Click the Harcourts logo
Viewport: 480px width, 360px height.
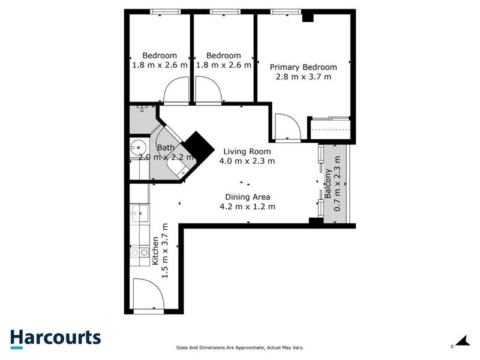[x=55, y=337]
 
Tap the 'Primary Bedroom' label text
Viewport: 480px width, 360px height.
[x=303, y=67]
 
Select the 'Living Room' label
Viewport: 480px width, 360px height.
[x=247, y=151]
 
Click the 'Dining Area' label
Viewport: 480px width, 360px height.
[x=247, y=197]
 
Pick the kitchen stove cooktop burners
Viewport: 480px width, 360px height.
[x=139, y=253]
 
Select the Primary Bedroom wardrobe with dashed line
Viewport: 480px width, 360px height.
[x=329, y=128]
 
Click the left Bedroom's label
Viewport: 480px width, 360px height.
[x=159, y=56]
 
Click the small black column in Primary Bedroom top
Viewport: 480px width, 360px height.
[x=308, y=17]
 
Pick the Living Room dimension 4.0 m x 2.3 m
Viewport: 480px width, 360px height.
[x=247, y=161]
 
